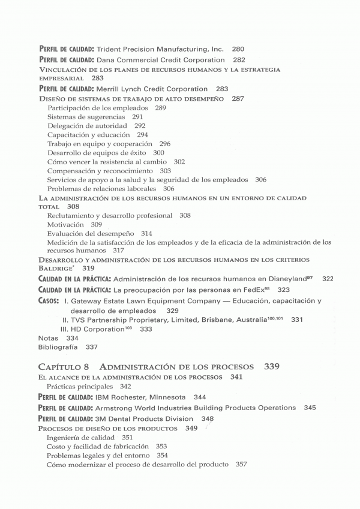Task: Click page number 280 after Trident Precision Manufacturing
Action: pos(238,49)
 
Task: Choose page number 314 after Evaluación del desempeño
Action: pos(146,233)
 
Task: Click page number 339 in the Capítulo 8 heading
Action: pos(271,366)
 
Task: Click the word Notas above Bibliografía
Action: pos(48,338)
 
